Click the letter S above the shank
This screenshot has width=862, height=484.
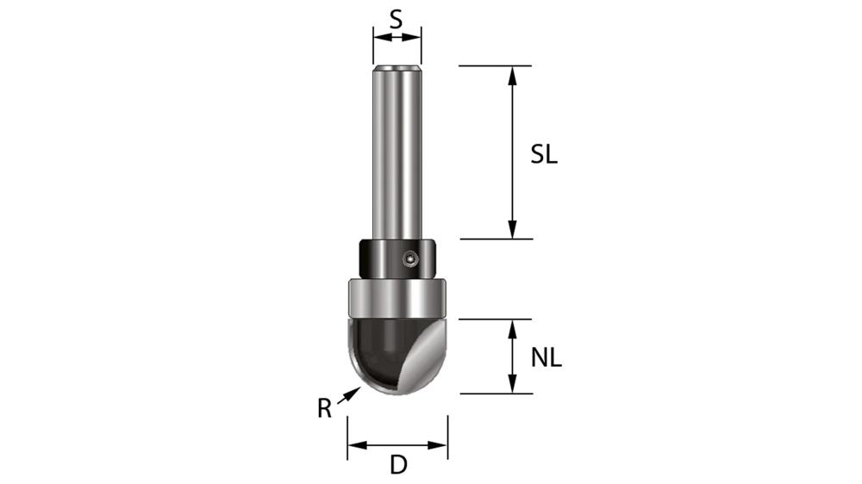point(396,18)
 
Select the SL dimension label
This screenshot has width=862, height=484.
point(544,155)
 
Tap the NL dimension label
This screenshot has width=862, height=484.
point(546,357)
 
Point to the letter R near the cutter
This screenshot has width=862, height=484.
point(324,408)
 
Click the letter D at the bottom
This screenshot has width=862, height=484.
point(397,466)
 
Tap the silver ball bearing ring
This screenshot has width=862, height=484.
point(397,299)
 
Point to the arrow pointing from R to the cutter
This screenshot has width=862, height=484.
point(348,395)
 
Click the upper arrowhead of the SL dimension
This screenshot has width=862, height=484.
point(513,74)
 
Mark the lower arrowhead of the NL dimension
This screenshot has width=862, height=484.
point(513,385)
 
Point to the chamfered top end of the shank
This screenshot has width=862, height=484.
point(397,67)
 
